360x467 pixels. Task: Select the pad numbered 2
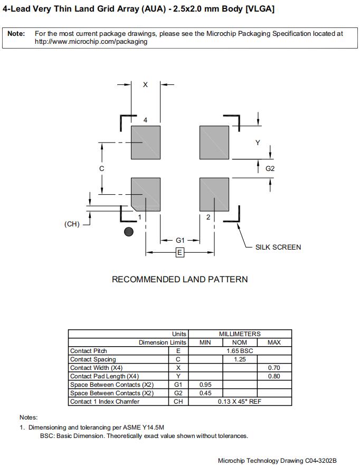pyautogui.click(x=214, y=194)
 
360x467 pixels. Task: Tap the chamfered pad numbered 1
pyautogui.click(x=146, y=194)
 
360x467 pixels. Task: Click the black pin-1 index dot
pyautogui.click(x=128, y=232)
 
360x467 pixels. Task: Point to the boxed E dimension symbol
pyautogui.click(x=179, y=253)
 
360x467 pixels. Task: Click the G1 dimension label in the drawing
pyautogui.click(x=180, y=240)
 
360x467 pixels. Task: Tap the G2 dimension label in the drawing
pyautogui.click(x=270, y=169)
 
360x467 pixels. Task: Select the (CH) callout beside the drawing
pyautogui.click(x=72, y=224)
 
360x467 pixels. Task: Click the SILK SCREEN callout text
pyautogui.click(x=278, y=247)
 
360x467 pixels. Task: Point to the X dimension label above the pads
pyautogui.click(x=146, y=84)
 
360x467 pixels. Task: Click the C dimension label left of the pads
pyautogui.click(x=102, y=168)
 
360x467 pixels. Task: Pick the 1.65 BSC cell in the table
pyautogui.click(x=240, y=351)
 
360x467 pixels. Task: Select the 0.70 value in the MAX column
pyautogui.click(x=274, y=368)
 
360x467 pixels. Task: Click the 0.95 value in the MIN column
pyautogui.click(x=205, y=385)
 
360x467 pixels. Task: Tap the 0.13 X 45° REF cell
pyautogui.click(x=240, y=402)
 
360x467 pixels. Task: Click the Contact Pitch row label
pyautogui.click(x=89, y=351)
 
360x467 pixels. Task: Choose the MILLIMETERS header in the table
pyautogui.click(x=240, y=334)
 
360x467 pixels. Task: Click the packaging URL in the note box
pyautogui.click(x=91, y=42)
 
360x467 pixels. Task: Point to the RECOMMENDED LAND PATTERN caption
pyautogui.click(x=179, y=279)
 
